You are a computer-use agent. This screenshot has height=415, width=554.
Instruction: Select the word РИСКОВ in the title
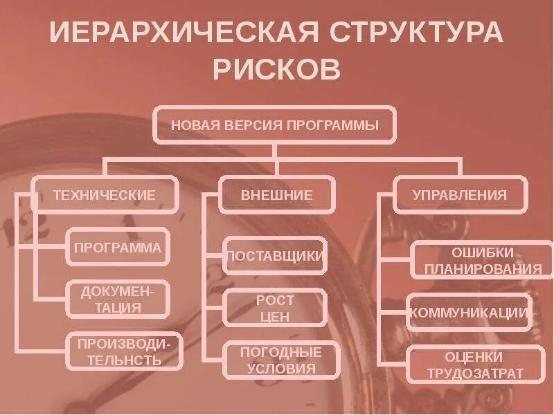[x=276, y=69]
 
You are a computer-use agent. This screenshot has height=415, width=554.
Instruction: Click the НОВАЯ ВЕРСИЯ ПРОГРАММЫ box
[x=275, y=125]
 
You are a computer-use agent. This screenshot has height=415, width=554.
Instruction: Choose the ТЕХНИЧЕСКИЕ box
[x=105, y=195]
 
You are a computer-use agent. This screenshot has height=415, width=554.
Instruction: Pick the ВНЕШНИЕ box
[x=276, y=195]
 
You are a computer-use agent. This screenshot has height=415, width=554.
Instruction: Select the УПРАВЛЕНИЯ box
[x=459, y=195]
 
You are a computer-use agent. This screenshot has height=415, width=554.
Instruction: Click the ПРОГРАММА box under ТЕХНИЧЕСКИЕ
[x=118, y=247]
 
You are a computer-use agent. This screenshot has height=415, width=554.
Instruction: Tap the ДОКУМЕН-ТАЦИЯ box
[x=118, y=299]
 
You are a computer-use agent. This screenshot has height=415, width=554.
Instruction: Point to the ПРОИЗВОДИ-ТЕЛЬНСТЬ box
[x=125, y=351]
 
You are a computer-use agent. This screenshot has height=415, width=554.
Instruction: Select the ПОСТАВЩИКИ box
[x=275, y=256]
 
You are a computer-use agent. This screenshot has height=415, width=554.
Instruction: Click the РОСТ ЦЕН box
[x=275, y=308]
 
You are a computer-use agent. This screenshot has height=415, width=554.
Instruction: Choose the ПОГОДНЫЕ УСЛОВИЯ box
[x=281, y=360]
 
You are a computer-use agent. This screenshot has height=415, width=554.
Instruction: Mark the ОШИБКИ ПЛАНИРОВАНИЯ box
[x=483, y=260]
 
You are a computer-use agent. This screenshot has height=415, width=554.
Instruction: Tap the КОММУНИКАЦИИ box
[x=469, y=313]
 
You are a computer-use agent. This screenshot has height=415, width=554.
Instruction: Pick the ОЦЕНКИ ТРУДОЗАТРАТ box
[x=475, y=365]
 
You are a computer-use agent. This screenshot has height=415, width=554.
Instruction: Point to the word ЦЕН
[x=275, y=317]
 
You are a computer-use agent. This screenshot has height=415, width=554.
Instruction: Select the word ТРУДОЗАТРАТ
[x=475, y=374]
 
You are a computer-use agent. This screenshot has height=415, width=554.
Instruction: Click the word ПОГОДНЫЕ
[x=281, y=351]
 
